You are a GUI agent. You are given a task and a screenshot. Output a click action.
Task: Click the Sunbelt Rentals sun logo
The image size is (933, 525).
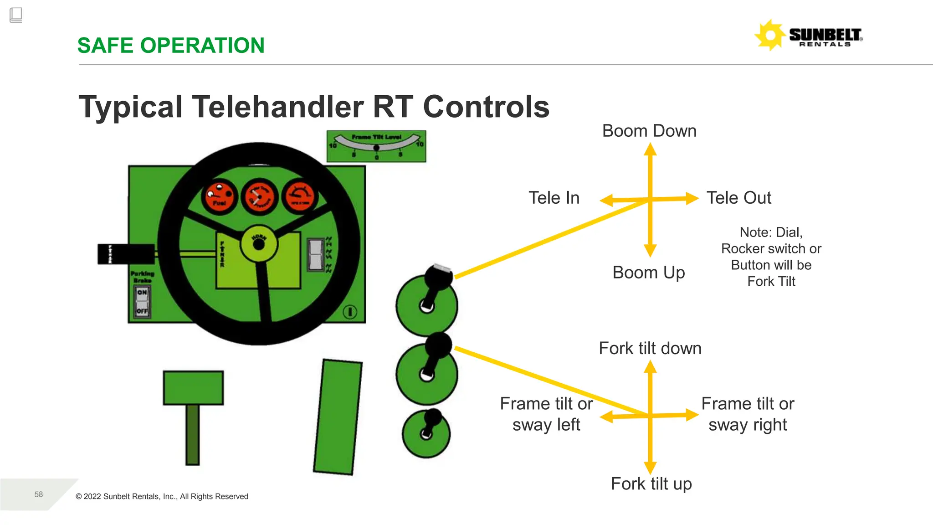(x=770, y=35)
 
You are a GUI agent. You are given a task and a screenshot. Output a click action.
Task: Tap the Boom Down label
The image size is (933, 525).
(x=649, y=131)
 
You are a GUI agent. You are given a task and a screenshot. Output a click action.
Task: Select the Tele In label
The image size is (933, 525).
(x=554, y=198)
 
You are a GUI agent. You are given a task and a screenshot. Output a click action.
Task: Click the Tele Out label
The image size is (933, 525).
(x=738, y=198)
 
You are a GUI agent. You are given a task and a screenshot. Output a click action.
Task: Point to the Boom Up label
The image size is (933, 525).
(x=648, y=273)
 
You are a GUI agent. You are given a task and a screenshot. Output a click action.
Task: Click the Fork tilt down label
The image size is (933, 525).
(x=650, y=349)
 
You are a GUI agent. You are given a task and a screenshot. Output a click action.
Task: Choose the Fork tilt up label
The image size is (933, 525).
(x=651, y=484)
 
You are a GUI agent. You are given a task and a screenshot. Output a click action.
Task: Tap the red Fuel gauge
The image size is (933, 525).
(x=219, y=197)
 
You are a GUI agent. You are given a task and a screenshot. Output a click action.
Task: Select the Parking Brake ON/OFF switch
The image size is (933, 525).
(x=142, y=302)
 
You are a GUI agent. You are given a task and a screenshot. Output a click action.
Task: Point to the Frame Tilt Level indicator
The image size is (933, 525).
(x=376, y=146)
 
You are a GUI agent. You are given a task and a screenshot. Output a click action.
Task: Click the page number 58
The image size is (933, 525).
(x=39, y=494)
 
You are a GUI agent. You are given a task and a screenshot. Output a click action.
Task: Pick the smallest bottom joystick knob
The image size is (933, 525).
(x=432, y=417)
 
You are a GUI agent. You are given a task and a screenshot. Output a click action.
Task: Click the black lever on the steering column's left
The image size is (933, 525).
(x=126, y=254)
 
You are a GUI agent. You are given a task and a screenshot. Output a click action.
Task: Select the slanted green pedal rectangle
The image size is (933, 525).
(x=338, y=417)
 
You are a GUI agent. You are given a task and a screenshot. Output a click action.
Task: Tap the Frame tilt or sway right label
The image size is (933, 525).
(x=748, y=414)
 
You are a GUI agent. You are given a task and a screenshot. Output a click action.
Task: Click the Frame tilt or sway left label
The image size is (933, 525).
(x=546, y=414)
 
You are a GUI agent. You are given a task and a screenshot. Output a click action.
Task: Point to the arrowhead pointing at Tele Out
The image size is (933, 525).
(x=692, y=198)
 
